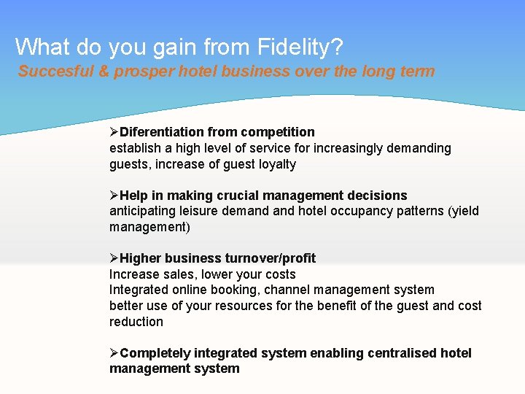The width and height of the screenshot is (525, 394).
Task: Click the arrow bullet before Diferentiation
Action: point(114,132)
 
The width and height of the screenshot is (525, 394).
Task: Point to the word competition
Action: point(280,132)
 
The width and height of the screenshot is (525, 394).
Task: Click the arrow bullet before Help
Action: point(114,196)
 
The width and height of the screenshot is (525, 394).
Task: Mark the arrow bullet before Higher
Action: point(114,258)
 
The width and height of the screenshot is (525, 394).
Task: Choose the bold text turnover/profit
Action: point(271,258)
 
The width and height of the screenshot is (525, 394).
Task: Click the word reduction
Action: point(136,322)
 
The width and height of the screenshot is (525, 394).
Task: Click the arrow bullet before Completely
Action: point(114,353)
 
